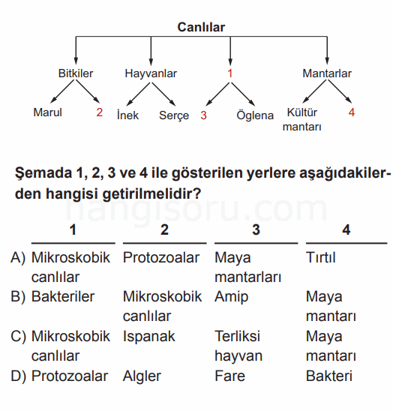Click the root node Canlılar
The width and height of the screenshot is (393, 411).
pyautogui.click(x=201, y=27)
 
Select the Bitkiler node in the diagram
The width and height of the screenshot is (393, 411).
pyautogui.click(x=76, y=73)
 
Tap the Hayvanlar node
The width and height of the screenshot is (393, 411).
pyautogui.click(x=151, y=73)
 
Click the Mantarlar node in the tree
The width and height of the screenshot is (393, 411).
pyautogui.click(x=327, y=73)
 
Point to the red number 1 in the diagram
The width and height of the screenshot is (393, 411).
pyautogui.click(x=230, y=73)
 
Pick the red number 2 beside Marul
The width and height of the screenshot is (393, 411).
pyautogui.click(x=99, y=112)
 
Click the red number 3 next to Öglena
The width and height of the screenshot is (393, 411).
pyautogui.click(x=204, y=115)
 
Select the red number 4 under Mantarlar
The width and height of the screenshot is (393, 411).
pyautogui.click(x=352, y=112)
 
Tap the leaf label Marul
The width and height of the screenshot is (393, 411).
pyautogui.click(x=48, y=112)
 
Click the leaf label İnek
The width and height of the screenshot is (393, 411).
pyautogui.click(x=127, y=115)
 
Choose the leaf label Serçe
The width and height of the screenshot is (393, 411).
pyautogui.click(x=174, y=115)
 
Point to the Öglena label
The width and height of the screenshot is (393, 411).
pyautogui.click(x=255, y=115)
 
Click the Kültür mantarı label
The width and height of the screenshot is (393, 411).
pyautogui.click(x=302, y=119)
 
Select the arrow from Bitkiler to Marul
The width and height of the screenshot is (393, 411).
pyautogui.click(x=63, y=91)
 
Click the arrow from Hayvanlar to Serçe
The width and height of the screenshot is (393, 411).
pyautogui.click(x=163, y=94)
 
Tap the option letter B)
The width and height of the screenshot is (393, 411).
pyautogui.click(x=18, y=297)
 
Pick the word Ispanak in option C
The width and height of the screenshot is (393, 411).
pyautogui.click(x=149, y=336)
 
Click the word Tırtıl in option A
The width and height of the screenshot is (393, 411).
pyautogui.click(x=321, y=257)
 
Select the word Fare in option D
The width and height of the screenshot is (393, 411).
pyautogui.click(x=230, y=376)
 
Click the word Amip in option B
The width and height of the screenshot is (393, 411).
pyautogui.click(x=231, y=297)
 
